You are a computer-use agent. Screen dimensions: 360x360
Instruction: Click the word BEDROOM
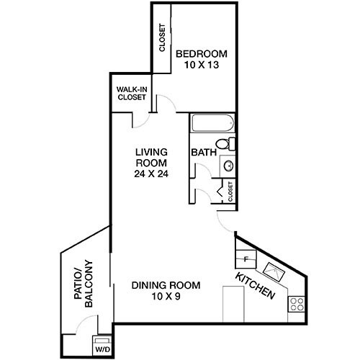tap(202, 53)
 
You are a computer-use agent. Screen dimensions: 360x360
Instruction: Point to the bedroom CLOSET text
tap(162, 40)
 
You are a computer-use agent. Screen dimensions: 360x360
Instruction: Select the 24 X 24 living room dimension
tap(151, 174)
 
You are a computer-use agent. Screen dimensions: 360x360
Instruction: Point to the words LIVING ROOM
tap(151, 158)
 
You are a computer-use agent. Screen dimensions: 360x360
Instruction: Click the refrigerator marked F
tap(245, 257)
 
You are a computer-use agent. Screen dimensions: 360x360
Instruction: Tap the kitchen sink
tap(275, 271)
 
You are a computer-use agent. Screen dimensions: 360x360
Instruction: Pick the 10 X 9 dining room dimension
tap(166, 296)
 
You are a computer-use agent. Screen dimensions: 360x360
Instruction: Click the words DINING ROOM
tap(166, 285)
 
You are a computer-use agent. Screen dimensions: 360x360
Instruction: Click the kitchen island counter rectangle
tap(235, 304)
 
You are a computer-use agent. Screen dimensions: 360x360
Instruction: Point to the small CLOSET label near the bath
tap(230, 191)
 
